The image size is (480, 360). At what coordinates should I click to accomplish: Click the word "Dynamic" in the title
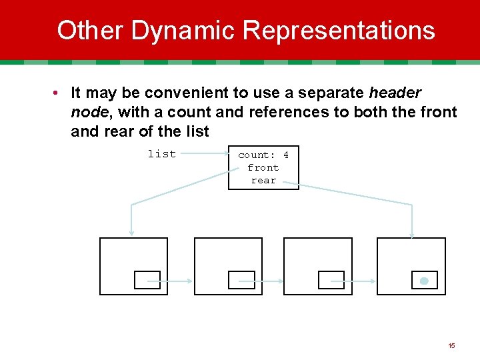(x=183, y=31)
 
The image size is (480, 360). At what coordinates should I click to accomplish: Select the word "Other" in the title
(x=90, y=31)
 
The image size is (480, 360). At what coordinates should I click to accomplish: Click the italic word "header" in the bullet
(x=395, y=93)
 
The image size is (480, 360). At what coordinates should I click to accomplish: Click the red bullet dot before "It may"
(x=59, y=93)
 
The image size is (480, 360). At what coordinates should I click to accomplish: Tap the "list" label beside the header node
(x=162, y=154)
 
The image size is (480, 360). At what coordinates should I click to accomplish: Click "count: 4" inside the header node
(x=263, y=155)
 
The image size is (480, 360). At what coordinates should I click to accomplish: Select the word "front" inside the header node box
(x=263, y=167)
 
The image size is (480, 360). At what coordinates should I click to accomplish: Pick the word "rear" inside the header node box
(x=263, y=180)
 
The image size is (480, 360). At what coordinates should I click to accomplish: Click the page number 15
(x=451, y=345)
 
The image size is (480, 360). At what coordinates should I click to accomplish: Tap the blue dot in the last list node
(x=424, y=281)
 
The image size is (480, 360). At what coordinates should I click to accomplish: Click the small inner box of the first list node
(x=147, y=280)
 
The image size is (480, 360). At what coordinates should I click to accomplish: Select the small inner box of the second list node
(x=241, y=280)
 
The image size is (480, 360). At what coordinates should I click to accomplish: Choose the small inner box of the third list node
(x=331, y=280)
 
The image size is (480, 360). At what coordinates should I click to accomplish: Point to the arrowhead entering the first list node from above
(x=131, y=233)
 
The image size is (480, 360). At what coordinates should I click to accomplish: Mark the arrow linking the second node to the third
(x=268, y=281)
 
